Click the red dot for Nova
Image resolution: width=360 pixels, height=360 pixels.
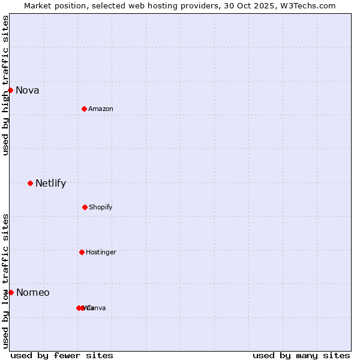click(x=10, y=91)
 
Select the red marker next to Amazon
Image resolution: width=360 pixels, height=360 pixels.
click(x=84, y=109)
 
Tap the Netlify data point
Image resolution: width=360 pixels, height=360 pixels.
click(x=30, y=183)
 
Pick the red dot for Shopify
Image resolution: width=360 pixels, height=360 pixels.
click(x=85, y=207)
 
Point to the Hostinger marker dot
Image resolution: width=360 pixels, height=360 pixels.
click(x=82, y=252)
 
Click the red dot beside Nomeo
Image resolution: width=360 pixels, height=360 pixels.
click(x=11, y=292)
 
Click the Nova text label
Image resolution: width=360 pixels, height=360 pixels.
click(x=28, y=91)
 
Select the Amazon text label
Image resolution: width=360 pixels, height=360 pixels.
click(x=101, y=109)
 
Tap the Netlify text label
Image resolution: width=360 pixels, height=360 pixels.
click(x=50, y=184)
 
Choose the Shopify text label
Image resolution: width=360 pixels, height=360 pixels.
click(x=101, y=207)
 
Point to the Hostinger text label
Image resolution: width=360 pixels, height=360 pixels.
click(x=101, y=252)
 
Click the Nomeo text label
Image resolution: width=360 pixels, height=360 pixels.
click(x=33, y=293)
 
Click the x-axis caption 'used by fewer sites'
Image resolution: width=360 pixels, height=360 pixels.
click(x=62, y=355)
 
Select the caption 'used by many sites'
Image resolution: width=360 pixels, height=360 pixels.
click(x=301, y=355)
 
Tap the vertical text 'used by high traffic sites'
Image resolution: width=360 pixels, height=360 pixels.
click(x=5, y=85)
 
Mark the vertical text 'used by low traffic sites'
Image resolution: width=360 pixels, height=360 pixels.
click(x=5, y=281)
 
